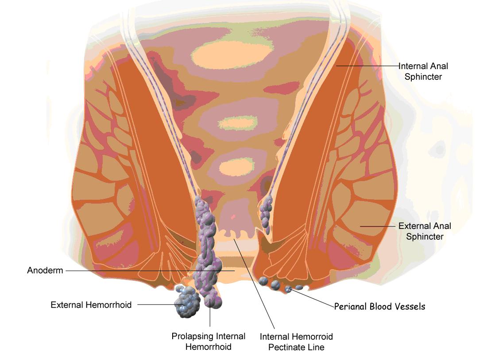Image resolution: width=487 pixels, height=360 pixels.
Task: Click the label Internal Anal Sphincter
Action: [423, 71]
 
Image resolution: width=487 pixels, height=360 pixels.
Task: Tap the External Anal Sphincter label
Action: [425, 231]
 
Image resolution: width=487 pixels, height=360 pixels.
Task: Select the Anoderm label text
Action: [45, 270]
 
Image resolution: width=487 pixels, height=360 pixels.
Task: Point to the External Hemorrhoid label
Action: [91, 305]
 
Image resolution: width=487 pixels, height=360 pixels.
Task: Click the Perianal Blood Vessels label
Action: [379, 306]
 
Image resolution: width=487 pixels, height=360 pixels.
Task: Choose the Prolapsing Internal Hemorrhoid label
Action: [209, 341]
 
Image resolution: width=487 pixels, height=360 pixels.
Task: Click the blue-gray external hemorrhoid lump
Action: [187, 302]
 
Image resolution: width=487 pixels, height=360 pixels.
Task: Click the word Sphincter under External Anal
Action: [425, 236]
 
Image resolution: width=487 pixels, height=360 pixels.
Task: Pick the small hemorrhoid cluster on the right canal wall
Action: [266, 214]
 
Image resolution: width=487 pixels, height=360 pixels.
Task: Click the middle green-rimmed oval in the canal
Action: [238, 123]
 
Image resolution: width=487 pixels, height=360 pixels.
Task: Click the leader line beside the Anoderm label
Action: [150, 271]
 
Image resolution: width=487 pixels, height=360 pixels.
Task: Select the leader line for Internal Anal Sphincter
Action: [367, 66]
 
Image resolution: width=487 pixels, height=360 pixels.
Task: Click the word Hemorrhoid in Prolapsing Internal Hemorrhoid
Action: [209, 347]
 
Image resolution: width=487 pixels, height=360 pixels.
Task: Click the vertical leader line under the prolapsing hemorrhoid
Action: [210, 312]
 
